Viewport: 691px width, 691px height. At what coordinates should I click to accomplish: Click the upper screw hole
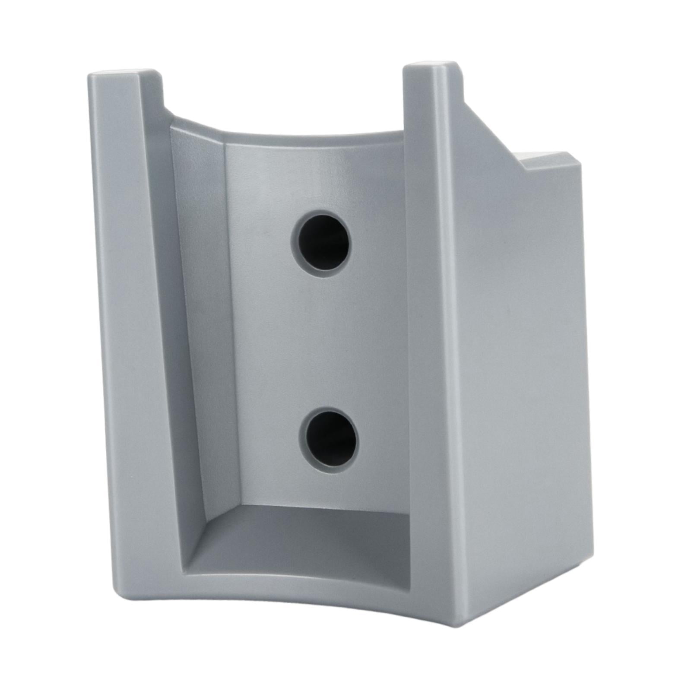320,241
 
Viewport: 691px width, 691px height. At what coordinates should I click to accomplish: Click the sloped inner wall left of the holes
203,324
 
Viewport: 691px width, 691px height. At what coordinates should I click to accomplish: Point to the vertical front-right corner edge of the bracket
449,345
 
